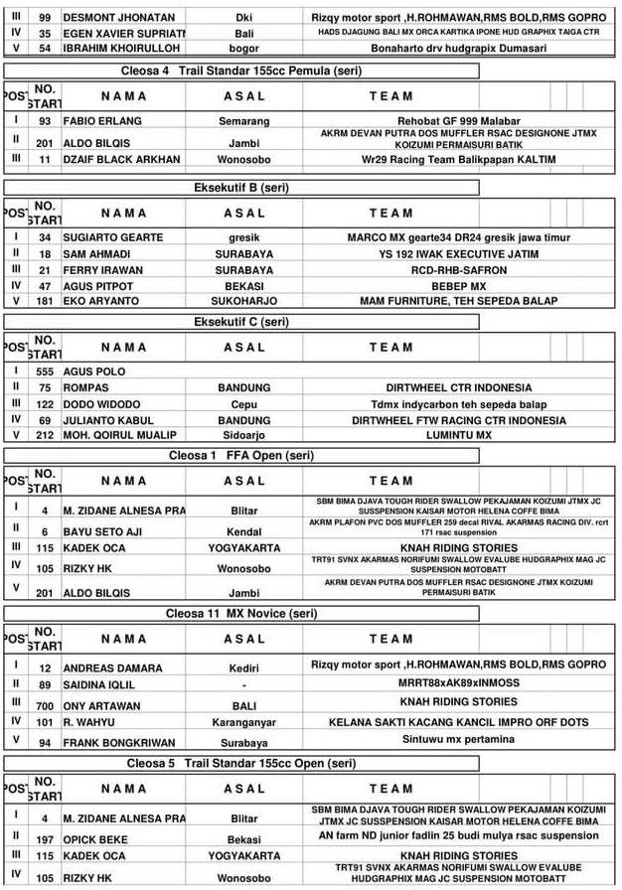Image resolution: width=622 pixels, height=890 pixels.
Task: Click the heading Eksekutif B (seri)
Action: (x=241, y=188)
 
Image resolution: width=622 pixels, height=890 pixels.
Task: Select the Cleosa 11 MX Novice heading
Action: (x=241, y=614)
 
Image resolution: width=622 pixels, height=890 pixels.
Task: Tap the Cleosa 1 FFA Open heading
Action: (x=241, y=456)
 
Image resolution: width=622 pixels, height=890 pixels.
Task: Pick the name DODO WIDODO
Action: (x=101, y=404)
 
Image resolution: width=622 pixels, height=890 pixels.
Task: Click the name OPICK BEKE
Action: (x=95, y=838)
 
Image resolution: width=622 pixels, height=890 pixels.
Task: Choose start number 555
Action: (x=45, y=371)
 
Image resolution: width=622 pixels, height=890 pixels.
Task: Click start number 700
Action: (x=45, y=706)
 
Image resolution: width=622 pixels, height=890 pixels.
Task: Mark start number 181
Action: (x=45, y=301)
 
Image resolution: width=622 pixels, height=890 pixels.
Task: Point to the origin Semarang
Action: (x=243, y=121)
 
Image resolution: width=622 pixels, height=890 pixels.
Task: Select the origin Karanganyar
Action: (x=243, y=723)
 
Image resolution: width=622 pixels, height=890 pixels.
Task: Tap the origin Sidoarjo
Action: (x=243, y=435)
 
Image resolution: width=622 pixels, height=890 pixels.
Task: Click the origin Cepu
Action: (x=243, y=404)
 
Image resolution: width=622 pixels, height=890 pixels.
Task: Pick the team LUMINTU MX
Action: (x=458, y=435)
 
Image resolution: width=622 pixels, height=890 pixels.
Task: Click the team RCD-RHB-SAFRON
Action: (x=458, y=269)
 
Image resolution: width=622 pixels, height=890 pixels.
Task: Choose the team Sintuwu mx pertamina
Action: (x=458, y=740)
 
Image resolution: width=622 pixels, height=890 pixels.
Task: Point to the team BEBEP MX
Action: (x=458, y=285)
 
